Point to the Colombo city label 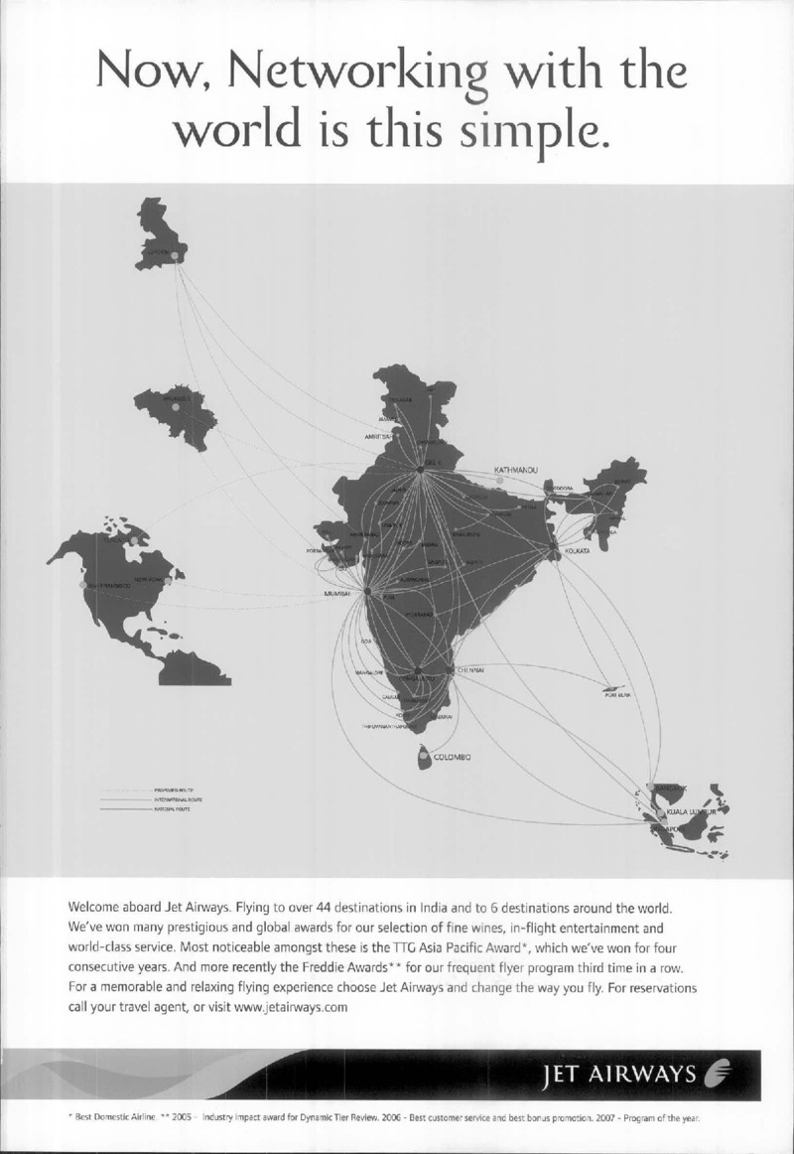click(452, 758)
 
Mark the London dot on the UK click(176, 255)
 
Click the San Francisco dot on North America click(82, 586)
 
